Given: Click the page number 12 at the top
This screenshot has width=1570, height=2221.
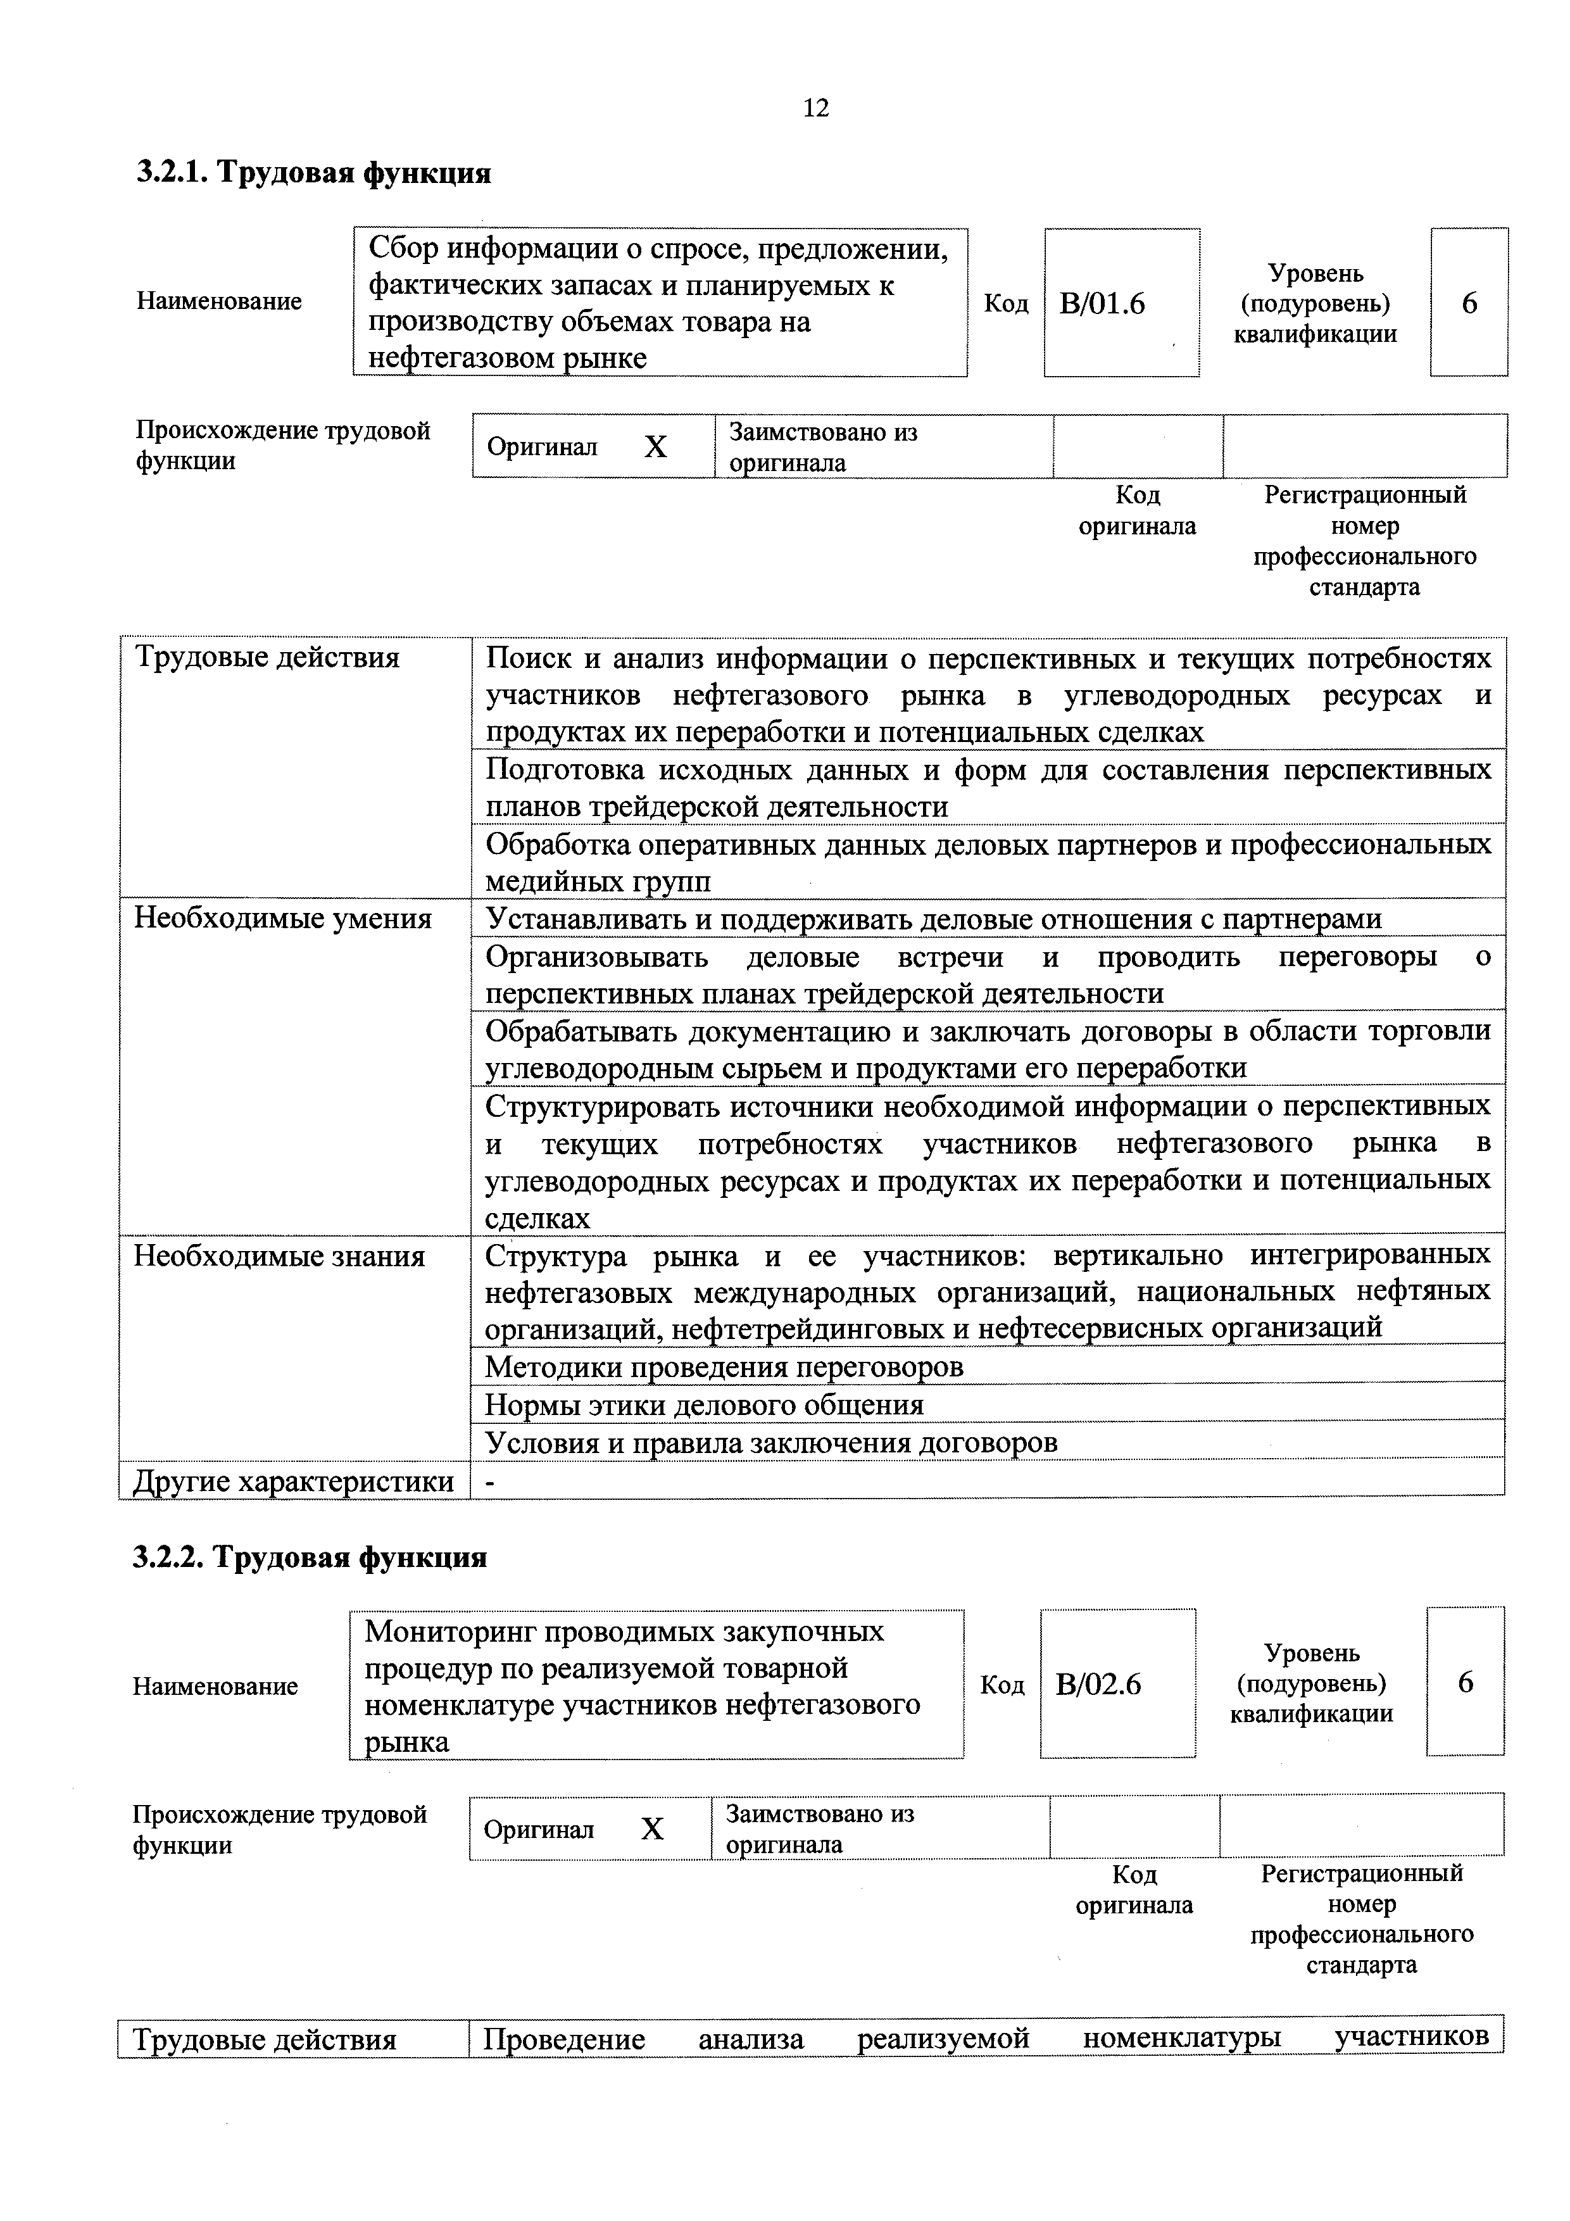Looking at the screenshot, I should [x=815, y=108].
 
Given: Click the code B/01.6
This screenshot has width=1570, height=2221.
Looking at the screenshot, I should [x=1102, y=305].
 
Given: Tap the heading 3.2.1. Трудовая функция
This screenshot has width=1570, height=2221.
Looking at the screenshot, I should [x=313, y=173].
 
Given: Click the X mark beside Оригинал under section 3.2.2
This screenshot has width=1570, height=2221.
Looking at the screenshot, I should [x=653, y=1829].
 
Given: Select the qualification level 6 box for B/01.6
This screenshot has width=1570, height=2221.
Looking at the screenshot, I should [x=1469, y=304].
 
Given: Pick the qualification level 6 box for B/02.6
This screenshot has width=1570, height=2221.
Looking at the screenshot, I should [x=1464, y=1683].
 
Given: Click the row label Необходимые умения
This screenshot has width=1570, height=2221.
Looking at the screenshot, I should [x=282, y=918].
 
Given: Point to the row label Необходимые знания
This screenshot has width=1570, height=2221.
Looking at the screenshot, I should [x=280, y=1257].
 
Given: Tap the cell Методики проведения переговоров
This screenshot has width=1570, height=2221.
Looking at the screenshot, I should [x=724, y=1367].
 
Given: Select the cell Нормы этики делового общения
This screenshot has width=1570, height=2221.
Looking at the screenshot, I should [x=704, y=1404].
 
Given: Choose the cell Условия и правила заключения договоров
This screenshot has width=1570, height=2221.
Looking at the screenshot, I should [x=771, y=1442].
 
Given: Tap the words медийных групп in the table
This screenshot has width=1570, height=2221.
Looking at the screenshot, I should [x=597, y=882].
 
